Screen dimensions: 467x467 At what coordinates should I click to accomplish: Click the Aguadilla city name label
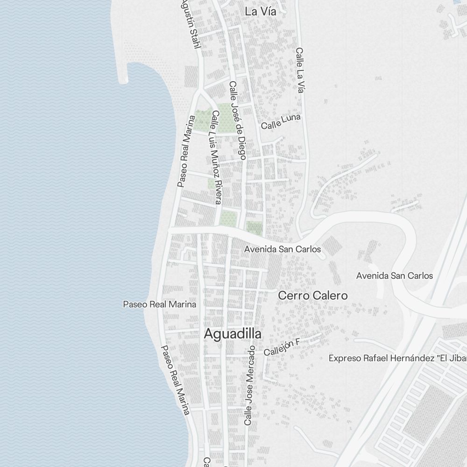[233, 334]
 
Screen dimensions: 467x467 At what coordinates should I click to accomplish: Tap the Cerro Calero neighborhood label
[313, 296]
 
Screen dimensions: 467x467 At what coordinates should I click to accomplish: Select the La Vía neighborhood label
[261, 12]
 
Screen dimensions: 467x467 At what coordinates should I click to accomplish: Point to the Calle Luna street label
[281, 122]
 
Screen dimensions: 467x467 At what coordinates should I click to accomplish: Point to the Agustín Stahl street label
[191, 23]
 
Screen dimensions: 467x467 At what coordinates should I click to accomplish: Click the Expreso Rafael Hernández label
[397, 358]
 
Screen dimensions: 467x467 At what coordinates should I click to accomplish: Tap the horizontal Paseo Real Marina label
[159, 304]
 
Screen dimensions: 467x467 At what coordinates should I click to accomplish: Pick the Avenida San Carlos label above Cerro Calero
[283, 249]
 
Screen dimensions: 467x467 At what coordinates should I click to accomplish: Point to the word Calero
[331, 296]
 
